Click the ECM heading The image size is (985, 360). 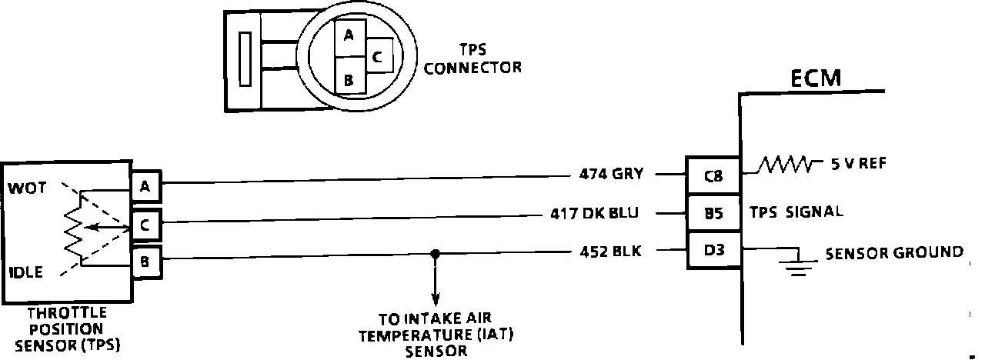815,78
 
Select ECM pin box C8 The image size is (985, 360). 713,175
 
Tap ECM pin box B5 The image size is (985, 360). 713,214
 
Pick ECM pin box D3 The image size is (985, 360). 713,250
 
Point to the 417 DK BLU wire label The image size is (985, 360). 594,213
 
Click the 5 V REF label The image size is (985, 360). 855,163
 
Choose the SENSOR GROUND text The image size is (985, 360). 893,252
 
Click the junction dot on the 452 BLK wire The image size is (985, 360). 436,253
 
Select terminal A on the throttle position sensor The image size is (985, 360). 145,185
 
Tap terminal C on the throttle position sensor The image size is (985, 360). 145,225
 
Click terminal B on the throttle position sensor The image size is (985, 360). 145,262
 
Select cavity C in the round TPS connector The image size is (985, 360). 377,56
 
